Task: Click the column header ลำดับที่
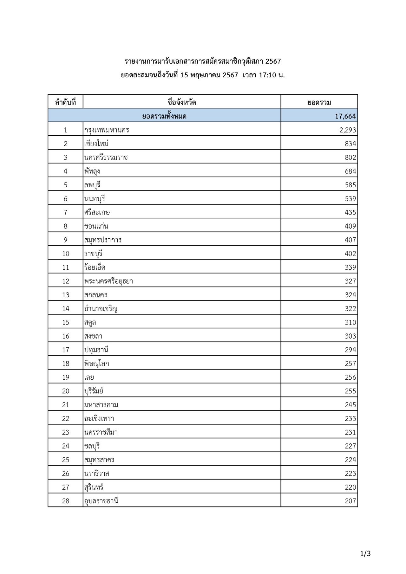tap(65, 102)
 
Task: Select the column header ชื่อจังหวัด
tap(182, 102)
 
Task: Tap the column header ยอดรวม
tap(319, 102)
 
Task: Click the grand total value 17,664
tap(345, 116)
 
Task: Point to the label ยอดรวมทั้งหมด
tap(164, 116)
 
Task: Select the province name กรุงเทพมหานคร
tap(107, 130)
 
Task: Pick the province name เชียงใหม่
tap(96, 144)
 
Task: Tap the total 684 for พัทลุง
tap(350, 171)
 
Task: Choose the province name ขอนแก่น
tap(96, 226)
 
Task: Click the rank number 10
tap(65, 254)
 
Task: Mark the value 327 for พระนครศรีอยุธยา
tap(350, 281)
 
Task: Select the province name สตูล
tap(90, 322)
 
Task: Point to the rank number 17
tap(65, 350)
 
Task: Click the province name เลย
tap(89, 377)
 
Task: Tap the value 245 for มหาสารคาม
tap(350, 405)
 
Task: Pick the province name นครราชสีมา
tap(101, 432)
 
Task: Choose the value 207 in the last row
tap(350, 501)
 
